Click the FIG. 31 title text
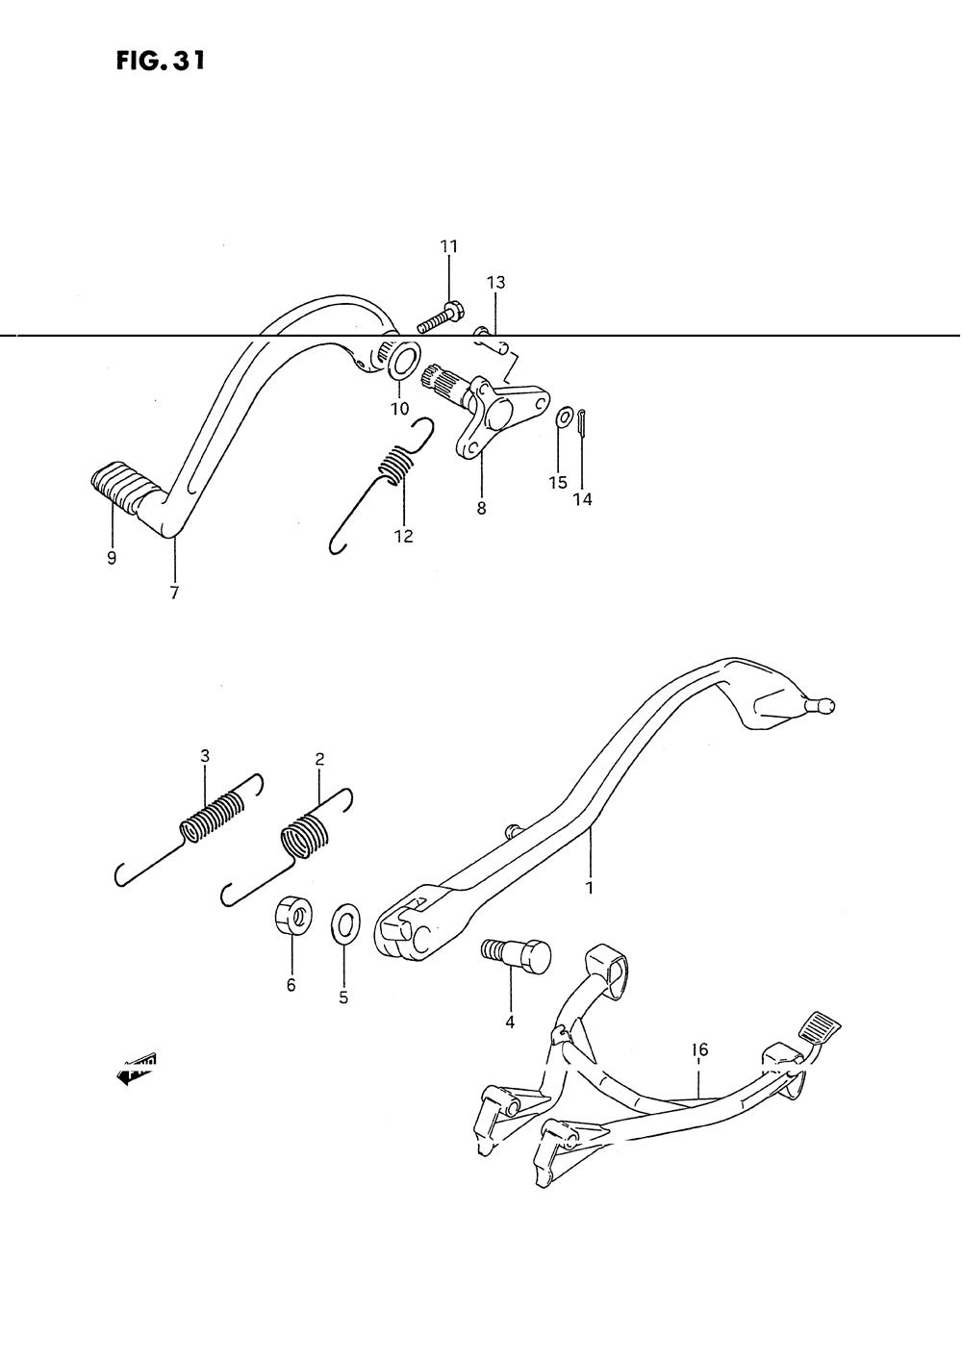pos(160,62)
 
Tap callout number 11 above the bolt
pos(449,247)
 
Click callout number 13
pos(495,283)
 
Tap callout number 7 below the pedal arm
pos(174,593)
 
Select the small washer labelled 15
pos(563,417)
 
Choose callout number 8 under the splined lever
pos(481,509)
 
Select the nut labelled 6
pos(290,913)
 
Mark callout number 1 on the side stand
pos(590,887)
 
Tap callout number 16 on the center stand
pos(699,1049)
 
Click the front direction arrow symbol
pos(136,1068)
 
